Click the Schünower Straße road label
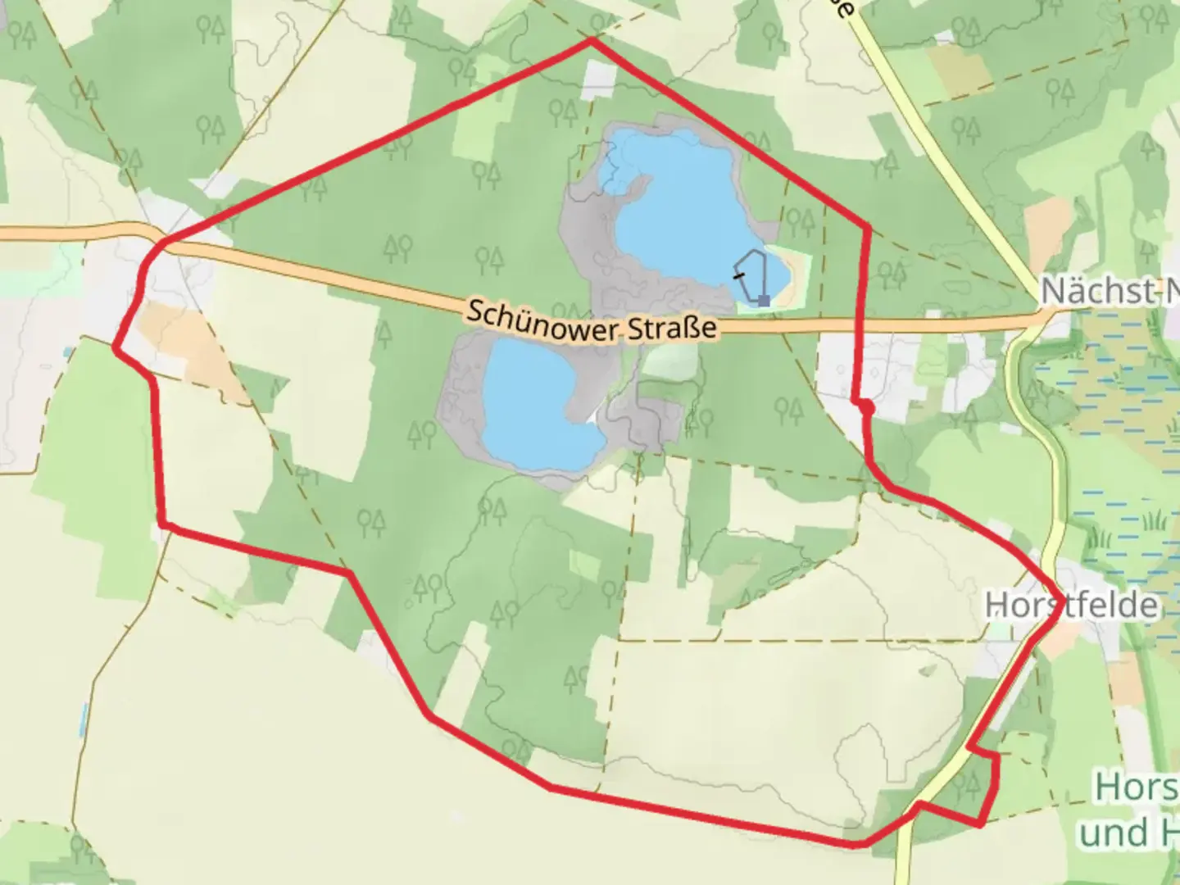(x=592, y=322)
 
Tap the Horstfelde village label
(x=1072, y=606)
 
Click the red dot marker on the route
(x=866, y=406)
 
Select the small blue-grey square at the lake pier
(x=764, y=301)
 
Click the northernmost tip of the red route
(x=591, y=39)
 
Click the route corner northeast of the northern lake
(x=867, y=225)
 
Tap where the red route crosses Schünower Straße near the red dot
(x=860, y=328)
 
